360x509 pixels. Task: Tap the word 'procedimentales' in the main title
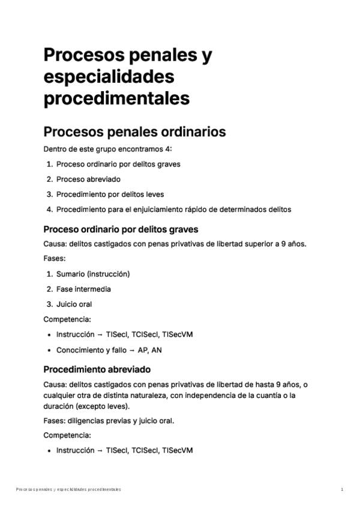[x=116, y=97]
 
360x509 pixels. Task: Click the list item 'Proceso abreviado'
[x=88, y=179]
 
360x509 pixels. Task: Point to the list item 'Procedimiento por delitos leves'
[x=110, y=194]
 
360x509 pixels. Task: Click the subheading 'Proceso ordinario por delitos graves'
[x=121, y=229]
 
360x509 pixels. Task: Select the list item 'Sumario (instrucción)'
[x=93, y=274]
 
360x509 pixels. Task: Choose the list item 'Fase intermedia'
[x=83, y=289]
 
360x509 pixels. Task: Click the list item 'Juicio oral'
[x=74, y=304]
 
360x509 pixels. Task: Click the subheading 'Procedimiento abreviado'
[x=97, y=369]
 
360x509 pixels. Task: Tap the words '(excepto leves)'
[x=110, y=406]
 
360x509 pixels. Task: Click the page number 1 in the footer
[x=342, y=489]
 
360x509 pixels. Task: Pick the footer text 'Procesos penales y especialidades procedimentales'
[x=68, y=489]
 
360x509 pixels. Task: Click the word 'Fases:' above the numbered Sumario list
[x=55, y=258]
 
